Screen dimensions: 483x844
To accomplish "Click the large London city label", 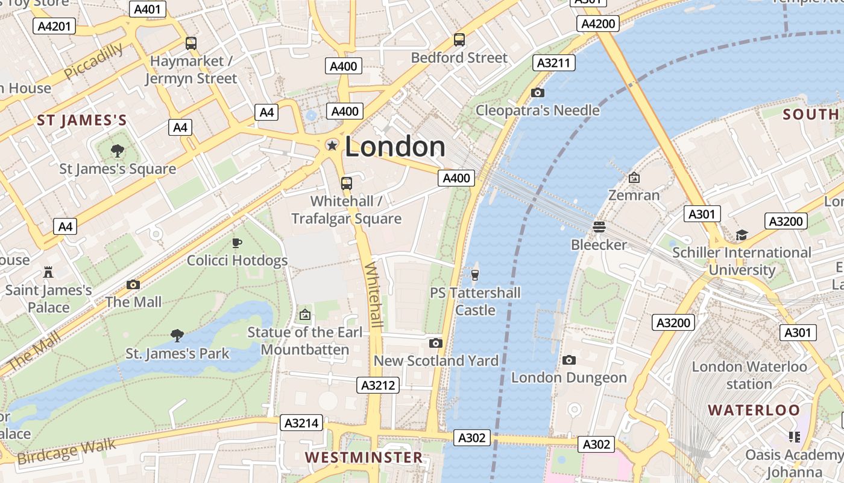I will click(395, 147).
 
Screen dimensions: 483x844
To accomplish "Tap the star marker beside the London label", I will click(332, 145).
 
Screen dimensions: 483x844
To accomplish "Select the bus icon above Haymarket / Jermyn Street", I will click(191, 43).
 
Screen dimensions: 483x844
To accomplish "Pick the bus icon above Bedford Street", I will click(459, 40).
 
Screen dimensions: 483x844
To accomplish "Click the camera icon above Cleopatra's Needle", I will click(538, 92).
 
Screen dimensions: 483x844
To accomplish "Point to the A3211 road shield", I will click(555, 63).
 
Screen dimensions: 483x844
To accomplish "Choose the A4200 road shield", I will click(599, 24).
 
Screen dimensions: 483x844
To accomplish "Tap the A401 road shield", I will click(148, 9).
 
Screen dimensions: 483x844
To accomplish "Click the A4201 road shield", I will click(54, 25).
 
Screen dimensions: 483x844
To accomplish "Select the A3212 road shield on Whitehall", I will click(378, 385).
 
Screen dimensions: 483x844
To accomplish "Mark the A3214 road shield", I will click(301, 423).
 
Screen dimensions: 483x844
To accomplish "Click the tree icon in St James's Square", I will click(118, 150).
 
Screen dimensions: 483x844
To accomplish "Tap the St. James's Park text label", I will click(177, 353).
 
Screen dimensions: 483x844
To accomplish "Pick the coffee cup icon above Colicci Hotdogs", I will click(237, 243).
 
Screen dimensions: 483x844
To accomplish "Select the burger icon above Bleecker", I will click(599, 226).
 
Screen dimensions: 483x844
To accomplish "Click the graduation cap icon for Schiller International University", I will click(742, 235).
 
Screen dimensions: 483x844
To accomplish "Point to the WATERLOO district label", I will click(754, 411).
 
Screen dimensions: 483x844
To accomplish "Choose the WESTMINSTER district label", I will click(364, 457).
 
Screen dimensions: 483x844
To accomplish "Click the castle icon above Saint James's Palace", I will click(48, 272).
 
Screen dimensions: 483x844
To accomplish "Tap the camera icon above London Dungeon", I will click(568, 360).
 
